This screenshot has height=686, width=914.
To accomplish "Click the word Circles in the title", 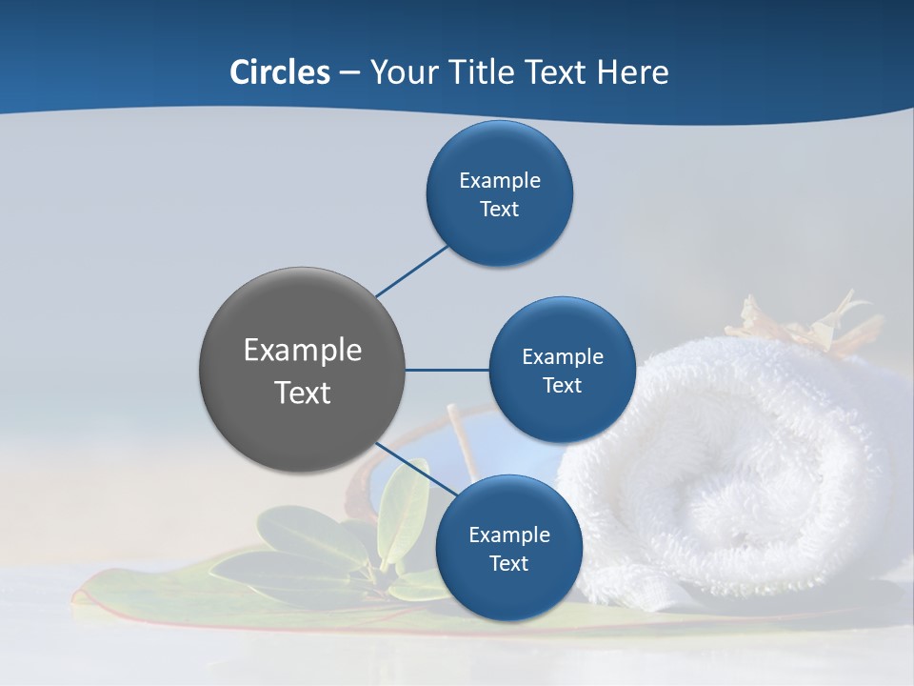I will [279, 72].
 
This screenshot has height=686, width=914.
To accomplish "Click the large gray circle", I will [303, 370].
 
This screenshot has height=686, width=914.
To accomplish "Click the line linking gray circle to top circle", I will [411, 271].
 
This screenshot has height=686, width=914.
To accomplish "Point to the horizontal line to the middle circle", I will [447, 370].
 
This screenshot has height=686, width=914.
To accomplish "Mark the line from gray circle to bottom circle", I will [415, 468].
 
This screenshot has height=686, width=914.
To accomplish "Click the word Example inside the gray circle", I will [303, 350].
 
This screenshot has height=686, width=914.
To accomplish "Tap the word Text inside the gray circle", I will [303, 392].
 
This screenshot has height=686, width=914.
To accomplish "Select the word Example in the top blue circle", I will [500, 180].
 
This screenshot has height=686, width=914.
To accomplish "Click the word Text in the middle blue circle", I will [562, 385].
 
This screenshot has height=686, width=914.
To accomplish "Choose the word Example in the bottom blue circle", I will [508, 535].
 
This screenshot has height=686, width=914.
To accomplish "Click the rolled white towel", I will [733, 476].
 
